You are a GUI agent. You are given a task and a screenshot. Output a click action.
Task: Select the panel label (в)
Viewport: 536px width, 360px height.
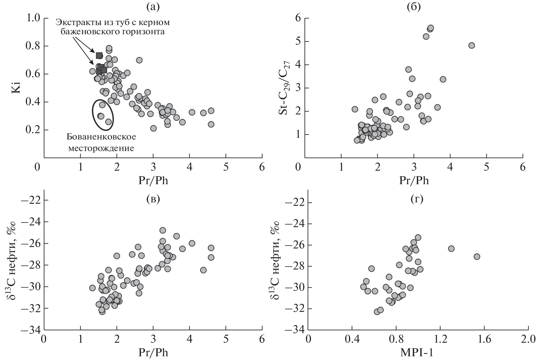click(x=153, y=199)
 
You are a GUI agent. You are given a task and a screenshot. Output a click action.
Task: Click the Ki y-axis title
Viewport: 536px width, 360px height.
click(x=16, y=87)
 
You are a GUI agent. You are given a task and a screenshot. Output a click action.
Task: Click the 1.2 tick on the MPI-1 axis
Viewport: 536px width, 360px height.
click(x=440, y=340)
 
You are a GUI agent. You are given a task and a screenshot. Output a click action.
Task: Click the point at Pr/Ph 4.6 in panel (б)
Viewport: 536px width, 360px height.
click(x=472, y=45)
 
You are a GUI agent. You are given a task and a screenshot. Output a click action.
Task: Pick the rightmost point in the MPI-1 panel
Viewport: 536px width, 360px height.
click(x=477, y=257)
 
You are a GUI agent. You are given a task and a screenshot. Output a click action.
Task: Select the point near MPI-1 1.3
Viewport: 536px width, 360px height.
click(x=451, y=248)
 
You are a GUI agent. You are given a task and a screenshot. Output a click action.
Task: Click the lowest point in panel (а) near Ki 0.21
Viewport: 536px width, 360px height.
click(x=153, y=128)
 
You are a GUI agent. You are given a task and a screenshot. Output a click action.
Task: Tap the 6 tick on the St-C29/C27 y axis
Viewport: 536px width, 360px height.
click(x=298, y=18)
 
